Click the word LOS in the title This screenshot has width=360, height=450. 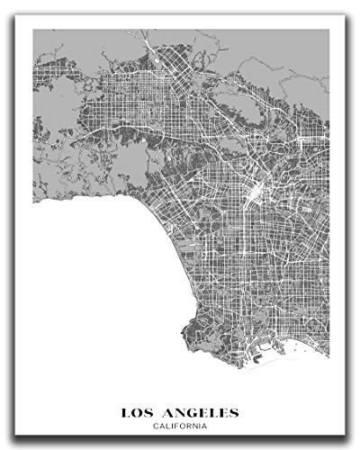click(x=141, y=413)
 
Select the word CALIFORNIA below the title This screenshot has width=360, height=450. click(x=180, y=426)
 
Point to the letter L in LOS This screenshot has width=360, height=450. click(x=126, y=413)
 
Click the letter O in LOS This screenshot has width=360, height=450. click(x=140, y=413)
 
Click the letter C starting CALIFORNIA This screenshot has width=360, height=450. click(x=156, y=426)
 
